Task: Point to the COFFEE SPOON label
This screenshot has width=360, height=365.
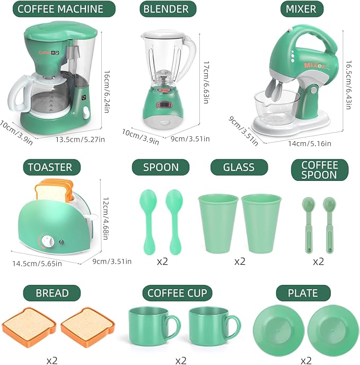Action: pyautogui.click(x=319, y=169)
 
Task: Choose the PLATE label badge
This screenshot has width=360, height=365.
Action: pyautogui.click(x=303, y=293)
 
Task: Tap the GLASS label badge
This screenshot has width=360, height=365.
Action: pyautogui.click(x=239, y=168)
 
